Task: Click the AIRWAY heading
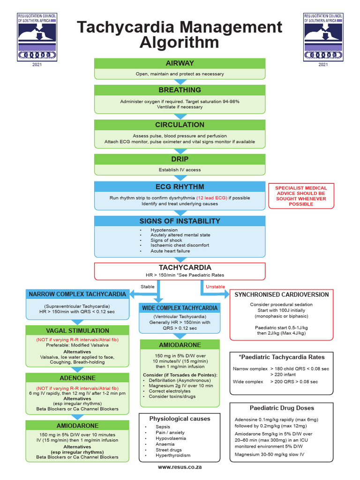click(180, 63)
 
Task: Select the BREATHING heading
click(180, 90)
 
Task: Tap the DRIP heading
click(180, 159)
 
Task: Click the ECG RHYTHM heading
click(180, 187)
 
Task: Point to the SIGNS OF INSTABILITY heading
click(180, 221)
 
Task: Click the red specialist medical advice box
click(301, 196)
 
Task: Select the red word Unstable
click(215, 286)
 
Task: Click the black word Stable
click(147, 286)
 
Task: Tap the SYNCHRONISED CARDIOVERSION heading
click(282, 294)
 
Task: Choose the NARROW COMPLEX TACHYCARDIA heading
click(77, 294)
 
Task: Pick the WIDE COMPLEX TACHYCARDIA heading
click(180, 308)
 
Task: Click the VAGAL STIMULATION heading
click(77, 330)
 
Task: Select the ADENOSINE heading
click(77, 378)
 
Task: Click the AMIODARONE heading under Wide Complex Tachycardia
click(180, 345)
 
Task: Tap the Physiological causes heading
click(180, 418)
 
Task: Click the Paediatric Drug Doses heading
click(282, 408)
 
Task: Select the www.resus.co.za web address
click(180, 467)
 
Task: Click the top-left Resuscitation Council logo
click(37, 37)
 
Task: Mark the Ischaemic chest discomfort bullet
click(180, 245)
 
